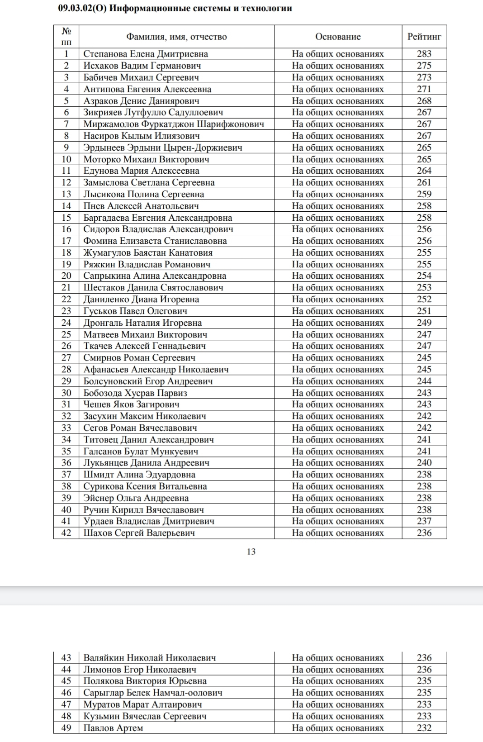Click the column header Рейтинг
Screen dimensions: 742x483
tap(424, 37)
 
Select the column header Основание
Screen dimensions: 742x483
tap(338, 37)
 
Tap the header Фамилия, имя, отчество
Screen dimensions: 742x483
tap(176, 37)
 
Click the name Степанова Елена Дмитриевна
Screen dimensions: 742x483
tap(146, 54)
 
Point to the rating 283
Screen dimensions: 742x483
tap(424, 54)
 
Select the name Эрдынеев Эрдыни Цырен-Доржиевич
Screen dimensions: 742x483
tap(163, 147)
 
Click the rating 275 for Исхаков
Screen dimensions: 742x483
tap(424, 66)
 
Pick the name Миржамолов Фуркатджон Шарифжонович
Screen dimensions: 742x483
tap(174, 124)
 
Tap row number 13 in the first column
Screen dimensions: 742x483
tap(66, 194)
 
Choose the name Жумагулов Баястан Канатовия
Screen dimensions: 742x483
tap(148, 252)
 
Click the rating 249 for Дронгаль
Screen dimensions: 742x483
tap(424, 323)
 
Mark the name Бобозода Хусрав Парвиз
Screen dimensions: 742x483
tap(135, 393)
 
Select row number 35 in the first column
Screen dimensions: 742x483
tap(66, 451)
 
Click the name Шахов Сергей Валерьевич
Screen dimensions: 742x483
tap(139, 533)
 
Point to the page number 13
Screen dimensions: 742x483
tap(251, 552)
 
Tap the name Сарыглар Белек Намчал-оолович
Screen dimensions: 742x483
tap(153, 693)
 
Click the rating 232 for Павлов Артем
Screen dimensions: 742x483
tap(424, 728)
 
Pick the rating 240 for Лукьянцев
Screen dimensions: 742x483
tap(424, 463)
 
